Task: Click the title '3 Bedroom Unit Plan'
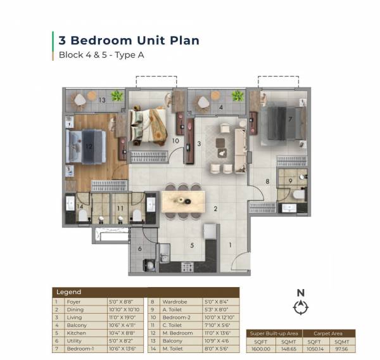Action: click(129, 41)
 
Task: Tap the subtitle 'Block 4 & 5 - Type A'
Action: click(102, 55)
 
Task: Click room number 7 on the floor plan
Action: click(289, 119)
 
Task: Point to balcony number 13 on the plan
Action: click(101, 100)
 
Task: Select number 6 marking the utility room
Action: click(141, 249)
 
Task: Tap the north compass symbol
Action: click(301, 307)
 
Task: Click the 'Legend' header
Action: click(68, 292)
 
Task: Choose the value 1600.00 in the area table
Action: click(260, 349)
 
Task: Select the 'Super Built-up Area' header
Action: click(273, 333)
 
